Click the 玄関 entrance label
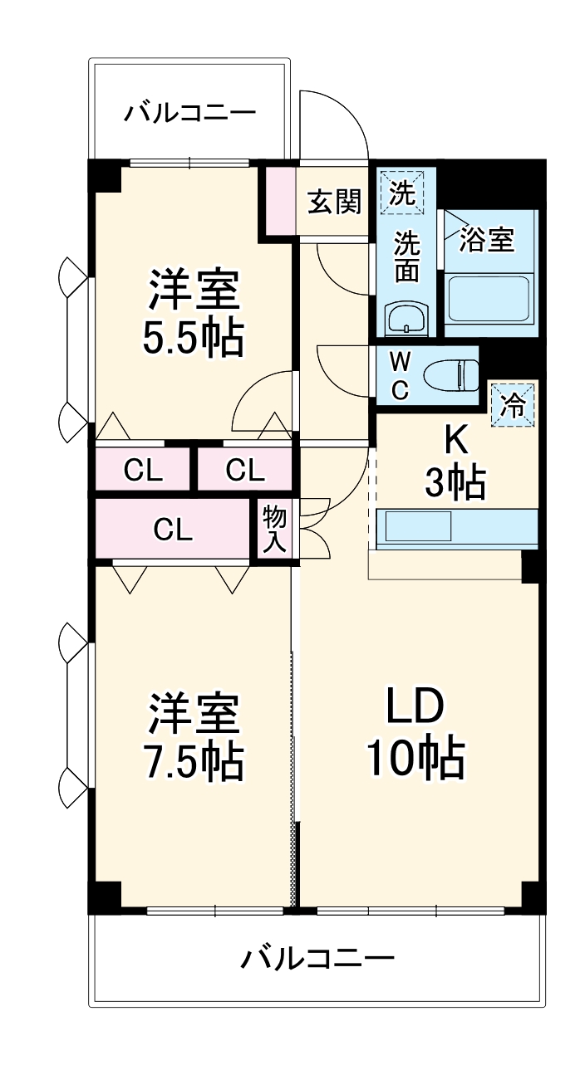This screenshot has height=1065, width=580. (x=334, y=202)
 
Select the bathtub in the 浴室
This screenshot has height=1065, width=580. (x=489, y=300)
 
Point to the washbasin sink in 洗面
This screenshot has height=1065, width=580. (x=406, y=318)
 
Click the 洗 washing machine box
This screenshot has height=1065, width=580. (x=403, y=192)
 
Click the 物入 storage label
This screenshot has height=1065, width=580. (x=274, y=529)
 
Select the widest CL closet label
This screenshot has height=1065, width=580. (x=173, y=529)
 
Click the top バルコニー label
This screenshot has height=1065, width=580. (x=190, y=113)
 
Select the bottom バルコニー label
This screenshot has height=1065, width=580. (x=317, y=960)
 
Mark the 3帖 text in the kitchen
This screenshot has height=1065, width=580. (x=455, y=482)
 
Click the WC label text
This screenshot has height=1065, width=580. (x=400, y=376)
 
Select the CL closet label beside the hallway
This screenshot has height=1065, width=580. (x=244, y=471)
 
